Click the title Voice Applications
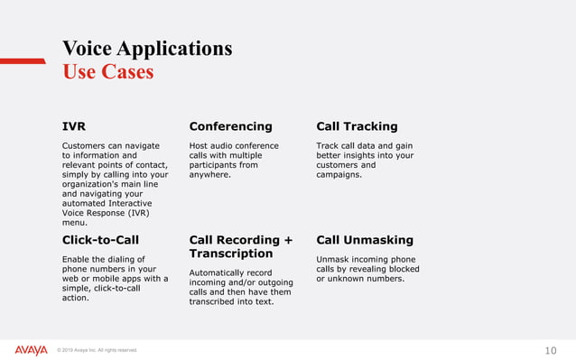[x=146, y=48]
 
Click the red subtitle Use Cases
[x=107, y=71]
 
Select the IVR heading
[x=74, y=126]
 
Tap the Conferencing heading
[x=230, y=126]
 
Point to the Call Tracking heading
[x=357, y=126]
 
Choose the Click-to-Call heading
[x=100, y=240]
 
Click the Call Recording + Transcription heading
[x=241, y=246]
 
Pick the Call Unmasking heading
[x=365, y=240]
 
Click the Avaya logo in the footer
[x=31, y=350]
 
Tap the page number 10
[x=551, y=350]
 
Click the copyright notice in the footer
[x=97, y=351]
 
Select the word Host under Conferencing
[x=200, y=145]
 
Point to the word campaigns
[x=338, y=175]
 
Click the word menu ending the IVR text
[x=74, y=221]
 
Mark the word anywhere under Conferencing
[x=209, y=175]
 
